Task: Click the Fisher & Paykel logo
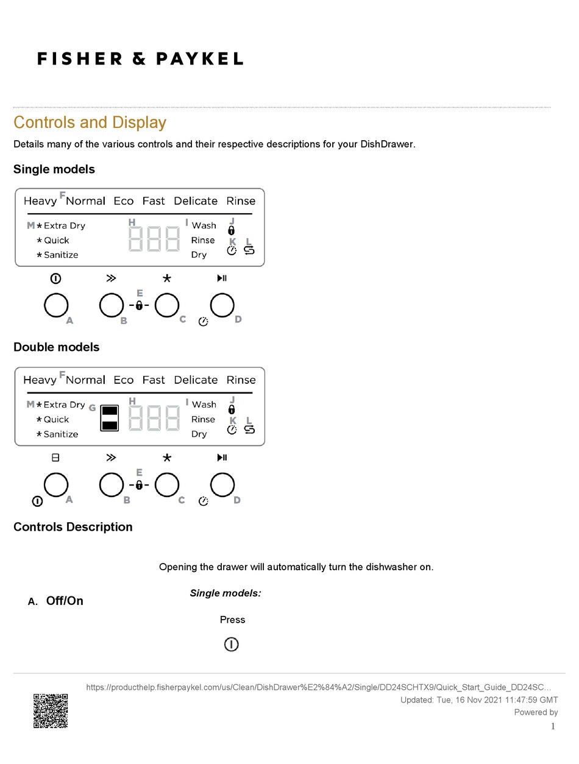(140, 58)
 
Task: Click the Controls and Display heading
(90, 122)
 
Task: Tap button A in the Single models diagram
(56, 305)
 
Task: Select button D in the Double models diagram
(222, 485)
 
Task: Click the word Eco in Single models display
(124, 201)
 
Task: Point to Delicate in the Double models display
(196, 380)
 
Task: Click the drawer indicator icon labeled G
(108, 417)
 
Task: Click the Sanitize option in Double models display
(60, 434)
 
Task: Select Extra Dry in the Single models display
(64, 225)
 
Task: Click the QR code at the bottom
(51, 710)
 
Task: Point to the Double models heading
(56, 347)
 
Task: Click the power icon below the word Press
(231, 645)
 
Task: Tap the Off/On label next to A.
(65, 601)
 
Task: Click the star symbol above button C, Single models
(167, 278)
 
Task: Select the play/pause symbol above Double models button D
(222, 458)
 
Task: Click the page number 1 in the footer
(553, 726)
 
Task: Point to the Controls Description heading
(73, 527)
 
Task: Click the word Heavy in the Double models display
(40, 380)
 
